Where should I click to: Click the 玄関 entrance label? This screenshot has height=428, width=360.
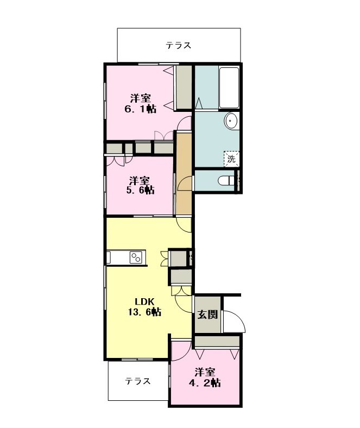(x=208, y=314)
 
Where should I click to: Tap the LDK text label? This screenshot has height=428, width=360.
(x=145, y=301)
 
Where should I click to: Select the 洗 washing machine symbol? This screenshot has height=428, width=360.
(x=231, y=159)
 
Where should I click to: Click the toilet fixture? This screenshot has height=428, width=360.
(x=227, y=180)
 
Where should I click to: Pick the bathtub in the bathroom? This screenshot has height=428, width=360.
(x=229, y=87)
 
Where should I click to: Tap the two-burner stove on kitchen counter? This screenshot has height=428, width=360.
(x=136, y=257)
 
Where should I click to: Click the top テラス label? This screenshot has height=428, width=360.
(x=179, y=45)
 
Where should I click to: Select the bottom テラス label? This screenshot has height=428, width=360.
(x=137, y=381)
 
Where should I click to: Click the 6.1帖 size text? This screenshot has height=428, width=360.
(x=140, y=109)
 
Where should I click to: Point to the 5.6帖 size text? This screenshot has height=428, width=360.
(x=140, y=190)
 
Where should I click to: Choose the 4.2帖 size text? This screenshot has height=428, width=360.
(x=205, y=383)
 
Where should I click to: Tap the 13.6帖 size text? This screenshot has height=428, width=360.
(x=144, y=312)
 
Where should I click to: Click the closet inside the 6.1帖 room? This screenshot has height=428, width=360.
(x=184, y=87)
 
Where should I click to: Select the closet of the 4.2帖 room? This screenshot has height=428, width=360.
(x=217, y=341)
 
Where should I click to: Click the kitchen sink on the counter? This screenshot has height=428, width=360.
(x=109, y=257)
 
